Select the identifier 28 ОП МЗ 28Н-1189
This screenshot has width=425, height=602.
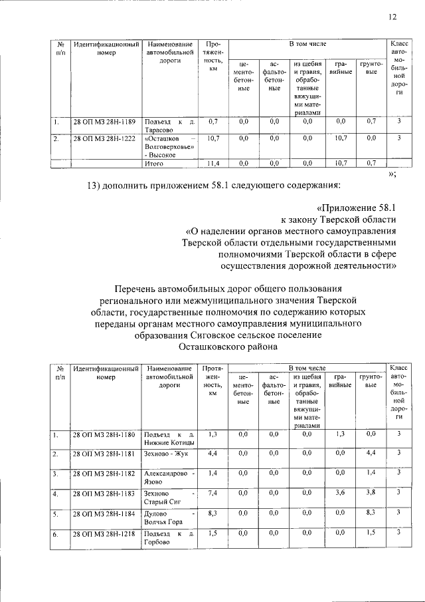pos(105,122)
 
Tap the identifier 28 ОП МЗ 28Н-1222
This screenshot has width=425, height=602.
pos(105,138)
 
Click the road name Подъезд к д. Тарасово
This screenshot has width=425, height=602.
pos(171,126)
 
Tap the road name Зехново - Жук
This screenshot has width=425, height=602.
pos(166,453)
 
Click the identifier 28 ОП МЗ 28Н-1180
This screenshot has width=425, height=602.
pos(105,434)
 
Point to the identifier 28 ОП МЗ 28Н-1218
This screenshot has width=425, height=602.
pos(105,533)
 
